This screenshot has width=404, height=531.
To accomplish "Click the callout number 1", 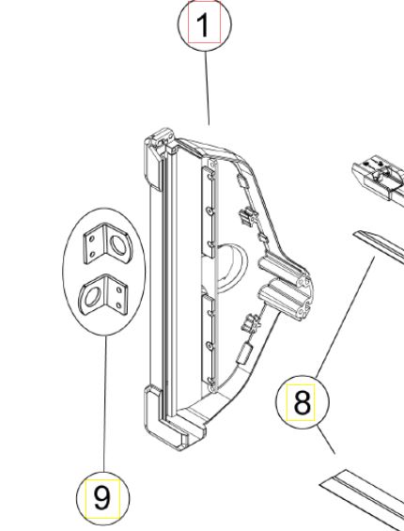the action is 204,24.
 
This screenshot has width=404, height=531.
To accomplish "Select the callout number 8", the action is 302,402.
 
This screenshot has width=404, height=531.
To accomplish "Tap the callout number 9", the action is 102,498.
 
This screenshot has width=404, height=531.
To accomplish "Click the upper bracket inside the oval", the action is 108,243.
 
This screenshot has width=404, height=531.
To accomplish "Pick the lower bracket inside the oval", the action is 103,295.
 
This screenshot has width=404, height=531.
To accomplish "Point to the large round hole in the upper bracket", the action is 119,245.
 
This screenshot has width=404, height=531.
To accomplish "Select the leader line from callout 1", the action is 207,88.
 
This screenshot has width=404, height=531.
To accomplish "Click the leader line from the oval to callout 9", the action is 104,404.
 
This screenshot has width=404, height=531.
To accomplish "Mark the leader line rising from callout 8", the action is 346,318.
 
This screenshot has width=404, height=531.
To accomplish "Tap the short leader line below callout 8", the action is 326,440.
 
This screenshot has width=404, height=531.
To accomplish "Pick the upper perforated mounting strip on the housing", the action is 209,209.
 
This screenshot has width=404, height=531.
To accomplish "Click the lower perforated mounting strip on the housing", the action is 209,343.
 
